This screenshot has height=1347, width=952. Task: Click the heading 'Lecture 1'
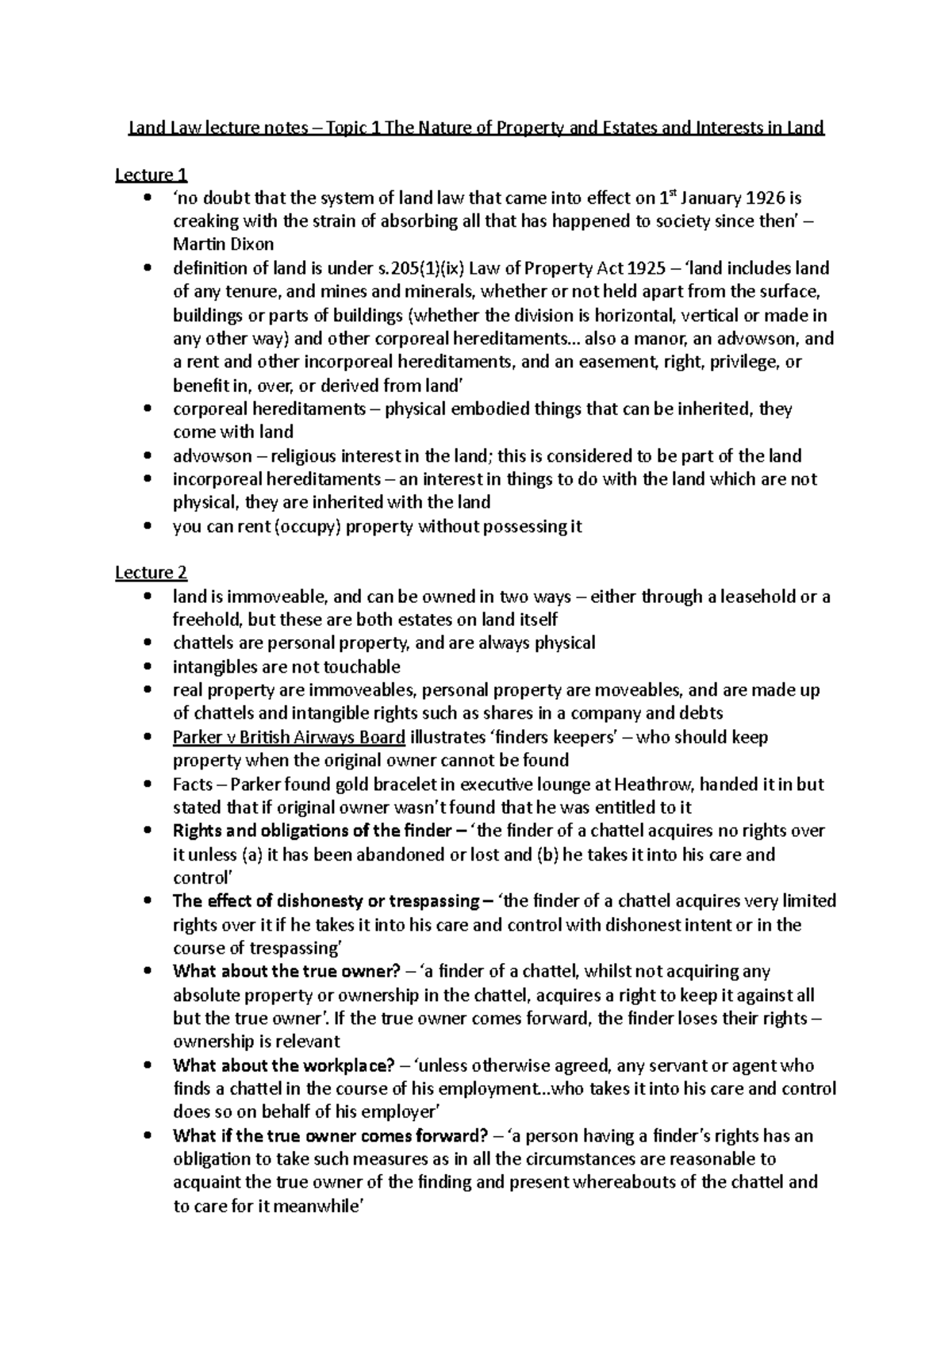pos(151,175)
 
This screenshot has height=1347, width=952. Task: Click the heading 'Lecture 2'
pos(151,573)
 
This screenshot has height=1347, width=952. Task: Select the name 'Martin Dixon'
pos(224,244)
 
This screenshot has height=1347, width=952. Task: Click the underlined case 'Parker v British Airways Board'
pos(289,738)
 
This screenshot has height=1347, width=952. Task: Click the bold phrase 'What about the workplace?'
pos(284,1066)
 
